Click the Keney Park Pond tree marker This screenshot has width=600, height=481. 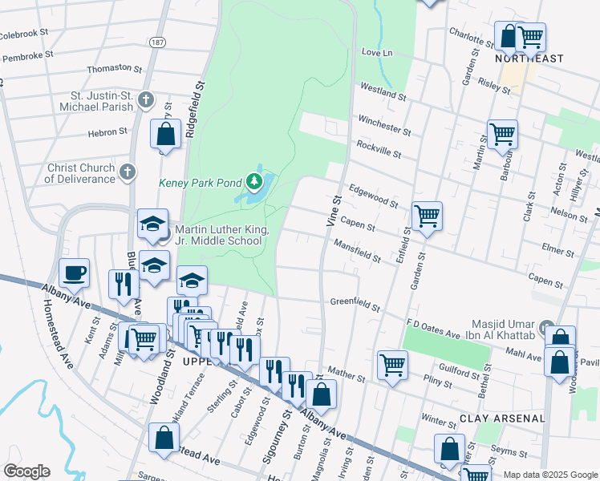point(254,182)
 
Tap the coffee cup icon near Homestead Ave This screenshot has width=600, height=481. point(74,273)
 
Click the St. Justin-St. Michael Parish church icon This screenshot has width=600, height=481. point(145,99)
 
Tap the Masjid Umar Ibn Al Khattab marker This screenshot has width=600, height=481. point(547,328)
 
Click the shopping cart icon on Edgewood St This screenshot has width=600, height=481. point(427,215)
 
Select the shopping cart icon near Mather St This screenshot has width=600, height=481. point(392,364)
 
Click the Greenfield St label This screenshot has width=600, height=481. point(355,303)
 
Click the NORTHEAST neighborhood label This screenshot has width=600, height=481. point(529,59)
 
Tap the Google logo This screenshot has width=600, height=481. point(27,471)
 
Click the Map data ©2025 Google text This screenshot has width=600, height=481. point(549,475)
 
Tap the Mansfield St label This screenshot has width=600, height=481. point(357,252)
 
